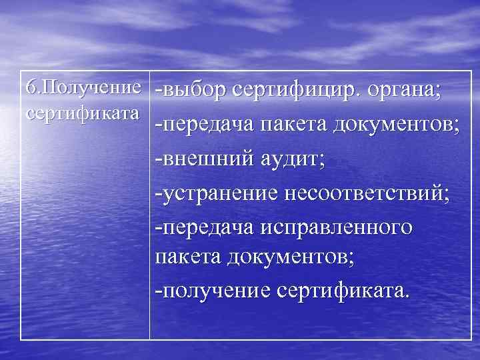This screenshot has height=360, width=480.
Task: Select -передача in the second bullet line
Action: pos(203,125)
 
